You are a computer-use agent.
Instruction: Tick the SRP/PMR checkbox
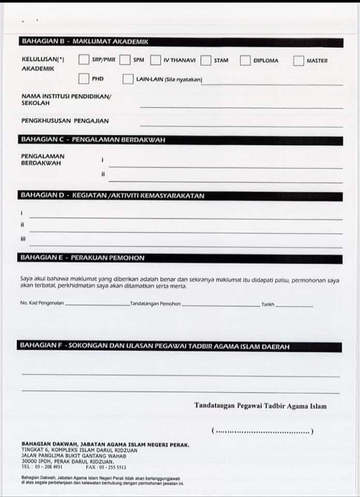[84, 60]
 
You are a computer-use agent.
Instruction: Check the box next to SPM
[124, 60]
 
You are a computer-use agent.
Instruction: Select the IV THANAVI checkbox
[155, 60]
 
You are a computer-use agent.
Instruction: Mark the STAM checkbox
[206, 61]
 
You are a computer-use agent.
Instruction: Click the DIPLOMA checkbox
[245, 61]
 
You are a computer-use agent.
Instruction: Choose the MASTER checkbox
[298, 61]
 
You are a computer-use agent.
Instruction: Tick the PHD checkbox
[84, 79]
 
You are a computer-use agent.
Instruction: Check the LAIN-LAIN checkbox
[128, 79]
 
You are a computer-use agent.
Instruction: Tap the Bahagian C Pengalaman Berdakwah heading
[92, 140]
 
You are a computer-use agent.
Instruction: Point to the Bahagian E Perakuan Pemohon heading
[82, 258]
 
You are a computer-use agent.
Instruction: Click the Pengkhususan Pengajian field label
[65, 121]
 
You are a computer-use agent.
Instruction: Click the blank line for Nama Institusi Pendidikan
[241, 107]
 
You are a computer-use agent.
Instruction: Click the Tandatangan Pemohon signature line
[221, 305]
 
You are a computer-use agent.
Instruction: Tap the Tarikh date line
[294, 306]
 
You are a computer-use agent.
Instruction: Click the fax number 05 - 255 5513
[111, 466]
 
